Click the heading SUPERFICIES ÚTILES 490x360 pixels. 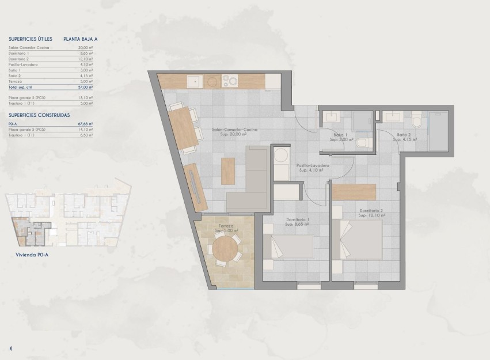pos(31,39)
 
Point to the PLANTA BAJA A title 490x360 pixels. pos(78,39)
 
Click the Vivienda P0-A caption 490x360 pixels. pos(32,253)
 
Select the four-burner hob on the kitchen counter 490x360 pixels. pos(230,81)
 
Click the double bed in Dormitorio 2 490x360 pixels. pos(362,240)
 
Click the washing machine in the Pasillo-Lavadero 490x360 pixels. pos(282,156)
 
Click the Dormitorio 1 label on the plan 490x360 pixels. pos(298,219)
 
